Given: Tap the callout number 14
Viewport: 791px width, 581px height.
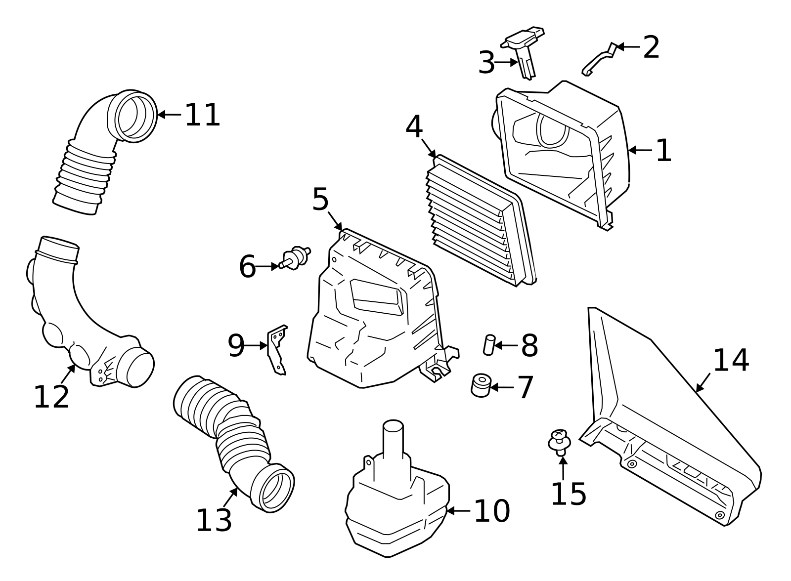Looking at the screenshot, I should click(731, 361).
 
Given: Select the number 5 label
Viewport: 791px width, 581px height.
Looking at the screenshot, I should click(320, 200).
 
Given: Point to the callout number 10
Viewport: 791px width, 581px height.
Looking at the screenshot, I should click(491, 511).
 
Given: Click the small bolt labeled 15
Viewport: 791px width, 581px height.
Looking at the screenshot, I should click(560, 441).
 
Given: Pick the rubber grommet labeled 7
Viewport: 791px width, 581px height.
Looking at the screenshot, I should click(480, 385).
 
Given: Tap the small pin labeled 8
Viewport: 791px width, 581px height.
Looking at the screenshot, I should click(488, 344).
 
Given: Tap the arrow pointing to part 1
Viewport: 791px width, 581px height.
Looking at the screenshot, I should click(641, 150).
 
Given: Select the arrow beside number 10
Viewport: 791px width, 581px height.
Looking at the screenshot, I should click(458, 511).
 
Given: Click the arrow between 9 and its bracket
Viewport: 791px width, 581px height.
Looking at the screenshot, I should click(257, 345).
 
